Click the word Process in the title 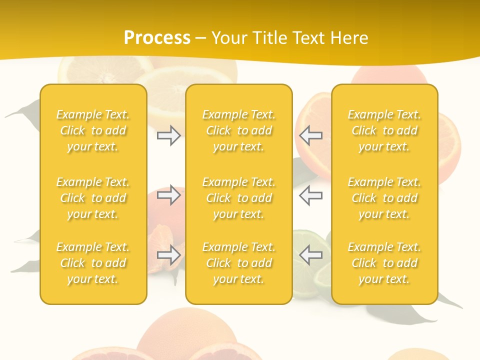tap(157, 38)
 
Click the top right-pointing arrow tap(168, 135)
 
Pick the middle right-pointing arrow tap(168, 195)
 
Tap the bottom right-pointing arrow tap(168, 255)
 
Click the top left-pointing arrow tap(311, 135)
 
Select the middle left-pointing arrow tap(311, 195)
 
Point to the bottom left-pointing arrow tap(311, 255)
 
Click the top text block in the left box tap(93, 130)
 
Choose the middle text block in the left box tap(93, 198)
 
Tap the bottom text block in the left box tap(93, 263)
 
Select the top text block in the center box tap(239, 130)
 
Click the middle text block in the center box tap(239, 198)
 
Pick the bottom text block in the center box tap(239, 263)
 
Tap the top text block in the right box tap(384, 130)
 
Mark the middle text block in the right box tap(384, 198)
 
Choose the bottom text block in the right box tap(384, 263)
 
